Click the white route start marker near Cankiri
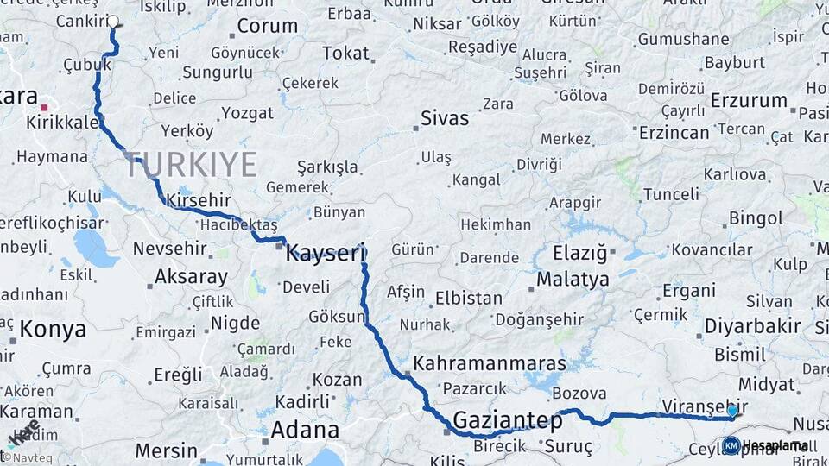[112, 22]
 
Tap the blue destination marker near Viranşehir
[732, 411]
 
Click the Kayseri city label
[326, 252]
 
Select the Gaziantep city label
[507, 422]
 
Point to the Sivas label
[445, 118]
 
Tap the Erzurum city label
[749, 101]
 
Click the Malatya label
[573, 280]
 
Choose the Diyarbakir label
[748, 326]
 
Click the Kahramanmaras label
[490, 363]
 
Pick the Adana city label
[305, 429]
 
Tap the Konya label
[53, 329]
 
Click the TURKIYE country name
[190, 164]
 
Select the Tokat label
[345, 54]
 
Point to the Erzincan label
[674, 133]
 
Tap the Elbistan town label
[470, 299]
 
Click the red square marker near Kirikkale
[44, 108]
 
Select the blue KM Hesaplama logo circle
[731, 445]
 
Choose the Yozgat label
[247, 113]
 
